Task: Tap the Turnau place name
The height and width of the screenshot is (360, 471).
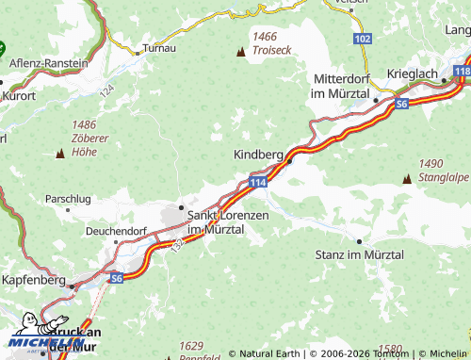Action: (158, 47)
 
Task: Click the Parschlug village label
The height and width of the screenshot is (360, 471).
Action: (69, 199)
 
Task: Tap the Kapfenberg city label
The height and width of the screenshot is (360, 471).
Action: (32, 281)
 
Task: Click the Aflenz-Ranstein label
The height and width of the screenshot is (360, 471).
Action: (48, 63)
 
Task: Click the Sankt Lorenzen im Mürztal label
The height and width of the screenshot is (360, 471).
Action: (229, 222)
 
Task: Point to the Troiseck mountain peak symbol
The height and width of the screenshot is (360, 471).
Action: (239, 53)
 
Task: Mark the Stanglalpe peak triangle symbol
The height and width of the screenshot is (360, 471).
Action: (407, 178)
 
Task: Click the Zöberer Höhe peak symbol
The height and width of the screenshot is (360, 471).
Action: (60, 153)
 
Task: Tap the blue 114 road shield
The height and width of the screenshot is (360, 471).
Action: (258, 181)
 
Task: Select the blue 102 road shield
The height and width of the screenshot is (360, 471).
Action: (364, 39)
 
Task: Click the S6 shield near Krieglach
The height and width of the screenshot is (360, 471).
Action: (403, 103)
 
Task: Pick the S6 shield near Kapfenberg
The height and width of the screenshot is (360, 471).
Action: (116, 278)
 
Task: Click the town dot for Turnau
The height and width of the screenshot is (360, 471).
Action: (138, 53)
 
